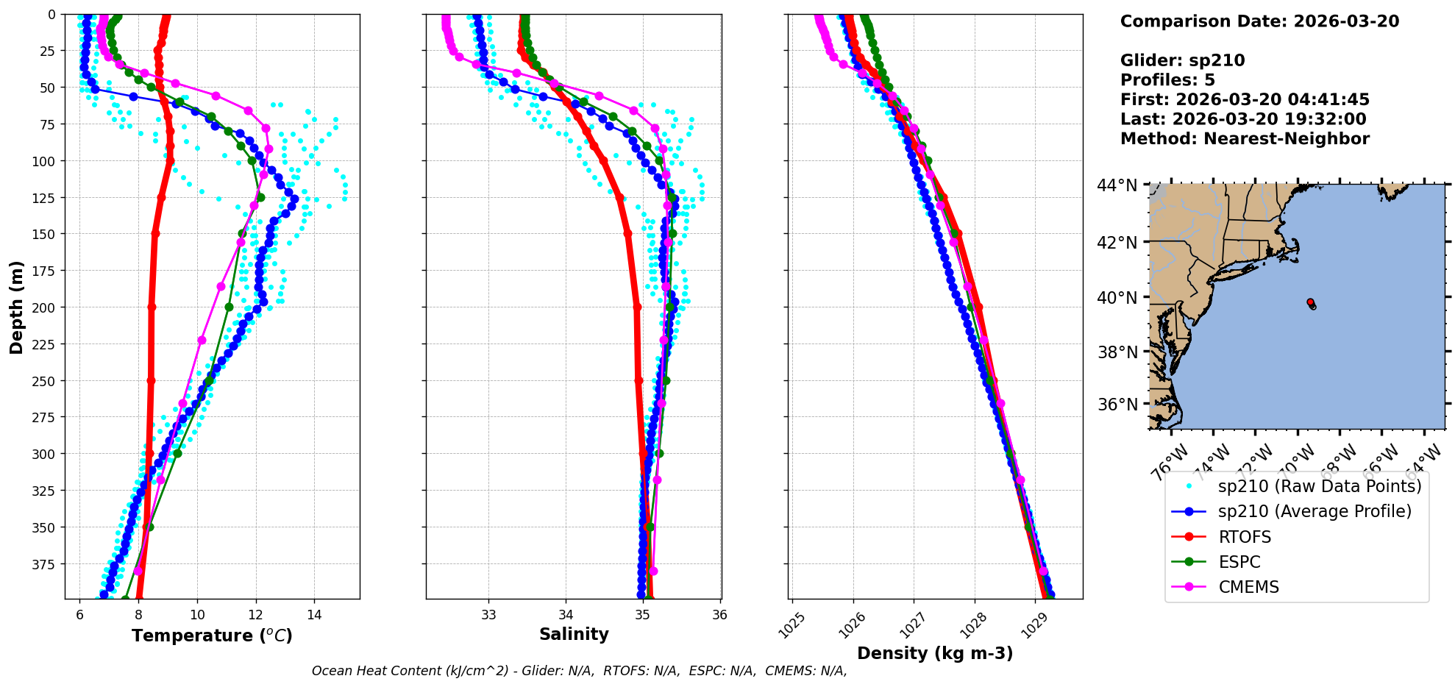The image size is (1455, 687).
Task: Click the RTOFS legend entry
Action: click(1245, 537)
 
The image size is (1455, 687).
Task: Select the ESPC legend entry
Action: click(1239, 562)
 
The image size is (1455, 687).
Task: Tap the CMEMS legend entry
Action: click(1248, 587)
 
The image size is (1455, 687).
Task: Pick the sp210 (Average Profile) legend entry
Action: click(1315, 511)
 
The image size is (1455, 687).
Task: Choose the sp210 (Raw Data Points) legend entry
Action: click(1320, 486)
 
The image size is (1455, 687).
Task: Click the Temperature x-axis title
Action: click(212, 636)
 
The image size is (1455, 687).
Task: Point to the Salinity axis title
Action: click(574, 634)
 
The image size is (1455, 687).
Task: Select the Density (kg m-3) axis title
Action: click(935, 653)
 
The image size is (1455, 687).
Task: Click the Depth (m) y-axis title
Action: click(16, 307)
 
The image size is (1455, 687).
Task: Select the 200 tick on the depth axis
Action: click(46, 307)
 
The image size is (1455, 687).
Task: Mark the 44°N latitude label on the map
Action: click(1117, 185)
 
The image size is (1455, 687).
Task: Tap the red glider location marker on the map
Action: click(1310, 302)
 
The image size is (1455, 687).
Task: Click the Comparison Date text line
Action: click(1259, 21)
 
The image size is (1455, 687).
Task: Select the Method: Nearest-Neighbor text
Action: click(1245, 139)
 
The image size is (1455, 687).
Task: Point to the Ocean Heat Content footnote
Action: click(579, 671)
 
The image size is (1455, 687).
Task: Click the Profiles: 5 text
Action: click(1167, 80)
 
